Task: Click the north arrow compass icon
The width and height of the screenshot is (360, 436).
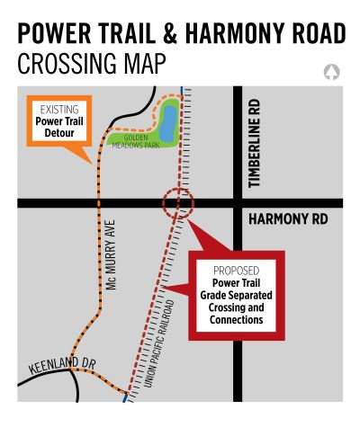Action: pyautogui.click(x=331, y=72)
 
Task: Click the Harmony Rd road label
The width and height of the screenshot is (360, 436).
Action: pyautogui.click(x=289, y=219)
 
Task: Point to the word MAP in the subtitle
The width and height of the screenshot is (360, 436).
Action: pyautogui.click(x=144, y=64)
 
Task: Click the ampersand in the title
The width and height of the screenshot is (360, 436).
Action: pyautogui.click(x=169, y=34)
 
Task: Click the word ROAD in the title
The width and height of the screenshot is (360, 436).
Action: pyautogui.click(x=319, y=34)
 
